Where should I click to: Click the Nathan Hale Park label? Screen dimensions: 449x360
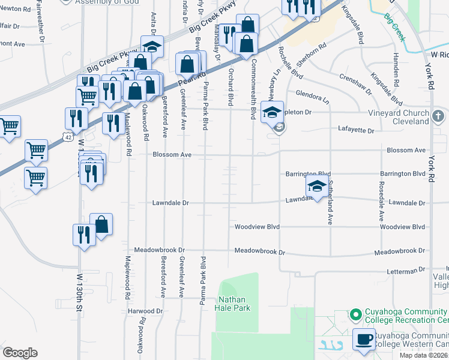234,304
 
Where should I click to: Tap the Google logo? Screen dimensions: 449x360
20,353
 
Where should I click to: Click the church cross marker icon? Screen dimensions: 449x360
439,115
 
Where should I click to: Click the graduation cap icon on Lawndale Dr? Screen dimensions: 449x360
316,186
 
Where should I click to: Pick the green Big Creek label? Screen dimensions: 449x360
396,27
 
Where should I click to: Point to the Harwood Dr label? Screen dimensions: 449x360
145,311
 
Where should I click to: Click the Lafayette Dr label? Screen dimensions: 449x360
356,130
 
